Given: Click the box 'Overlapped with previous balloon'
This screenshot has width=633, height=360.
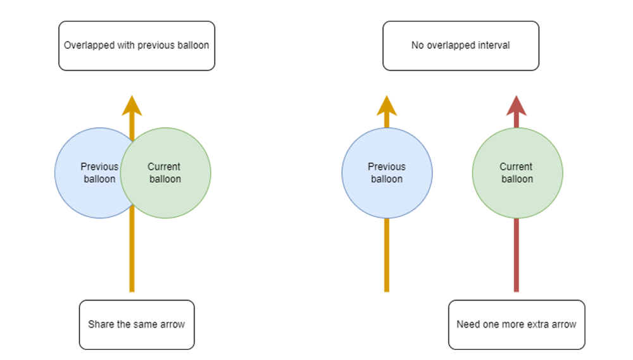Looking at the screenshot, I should pos(137,46).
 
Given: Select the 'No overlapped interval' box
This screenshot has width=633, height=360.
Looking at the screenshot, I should pos(461,46).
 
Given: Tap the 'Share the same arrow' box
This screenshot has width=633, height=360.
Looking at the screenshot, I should pos(137,325).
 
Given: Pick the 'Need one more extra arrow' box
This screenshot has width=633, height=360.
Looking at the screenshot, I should pos(517,325).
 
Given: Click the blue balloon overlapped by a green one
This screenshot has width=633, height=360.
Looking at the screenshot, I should pos(89,173).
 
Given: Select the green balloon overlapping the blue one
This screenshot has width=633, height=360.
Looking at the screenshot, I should pos(166,173).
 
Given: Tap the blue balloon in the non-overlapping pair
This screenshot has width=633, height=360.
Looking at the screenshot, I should pos(387,173).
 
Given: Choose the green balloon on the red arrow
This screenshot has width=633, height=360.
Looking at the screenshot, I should pos(517,173).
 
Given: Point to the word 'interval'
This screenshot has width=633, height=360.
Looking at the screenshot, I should pos(494,46).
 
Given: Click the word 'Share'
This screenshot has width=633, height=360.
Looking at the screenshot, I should pos(101,325).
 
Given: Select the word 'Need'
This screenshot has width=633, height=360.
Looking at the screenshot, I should pos(468,325).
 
